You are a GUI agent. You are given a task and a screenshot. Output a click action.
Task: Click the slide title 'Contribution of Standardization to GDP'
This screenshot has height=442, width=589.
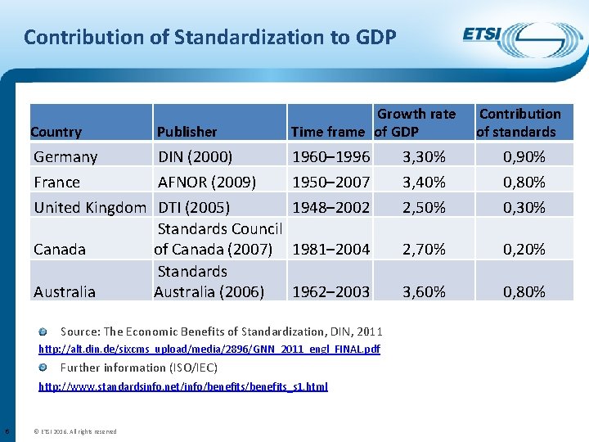[210, 37]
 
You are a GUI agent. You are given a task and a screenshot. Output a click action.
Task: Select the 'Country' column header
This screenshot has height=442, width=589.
[56, 132]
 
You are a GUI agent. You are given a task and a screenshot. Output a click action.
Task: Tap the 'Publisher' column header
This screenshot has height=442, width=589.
[187, 132]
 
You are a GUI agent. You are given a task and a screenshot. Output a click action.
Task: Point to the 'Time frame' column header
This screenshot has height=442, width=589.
[328, 132]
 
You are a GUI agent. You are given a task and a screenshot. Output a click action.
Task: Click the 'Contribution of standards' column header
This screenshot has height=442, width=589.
[519, 123]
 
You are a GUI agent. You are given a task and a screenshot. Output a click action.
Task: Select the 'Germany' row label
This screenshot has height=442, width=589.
[65, 156]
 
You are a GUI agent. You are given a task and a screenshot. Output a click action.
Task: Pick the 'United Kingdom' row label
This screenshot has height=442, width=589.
[89, 208]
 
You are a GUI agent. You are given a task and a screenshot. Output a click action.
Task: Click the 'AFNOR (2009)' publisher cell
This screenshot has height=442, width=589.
[207, 182]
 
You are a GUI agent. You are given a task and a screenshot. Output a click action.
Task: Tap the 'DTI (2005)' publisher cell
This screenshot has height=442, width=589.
[194, 208]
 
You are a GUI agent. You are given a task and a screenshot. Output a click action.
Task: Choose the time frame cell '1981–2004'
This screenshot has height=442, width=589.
[330, 249]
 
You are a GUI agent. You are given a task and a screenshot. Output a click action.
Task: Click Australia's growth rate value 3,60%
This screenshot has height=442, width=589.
[424, 291]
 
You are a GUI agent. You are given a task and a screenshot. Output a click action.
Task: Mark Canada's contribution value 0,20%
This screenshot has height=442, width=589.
[524, 249]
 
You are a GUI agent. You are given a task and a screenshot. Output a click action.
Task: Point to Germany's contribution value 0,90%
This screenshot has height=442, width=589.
[524, 156]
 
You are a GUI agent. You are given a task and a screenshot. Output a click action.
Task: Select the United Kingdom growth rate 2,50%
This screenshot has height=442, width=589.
[424, 208]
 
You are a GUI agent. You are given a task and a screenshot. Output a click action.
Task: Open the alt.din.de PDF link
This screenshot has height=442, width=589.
[209, 350]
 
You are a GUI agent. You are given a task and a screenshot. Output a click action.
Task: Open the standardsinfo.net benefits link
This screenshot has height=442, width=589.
[183, 386]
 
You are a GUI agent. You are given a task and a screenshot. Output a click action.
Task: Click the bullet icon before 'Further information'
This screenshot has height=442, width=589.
[52, 368]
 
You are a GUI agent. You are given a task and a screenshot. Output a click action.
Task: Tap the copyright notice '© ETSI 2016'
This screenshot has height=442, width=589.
[75, 431]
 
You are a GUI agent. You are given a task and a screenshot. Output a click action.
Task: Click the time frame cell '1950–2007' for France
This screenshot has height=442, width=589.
[330, 182]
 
